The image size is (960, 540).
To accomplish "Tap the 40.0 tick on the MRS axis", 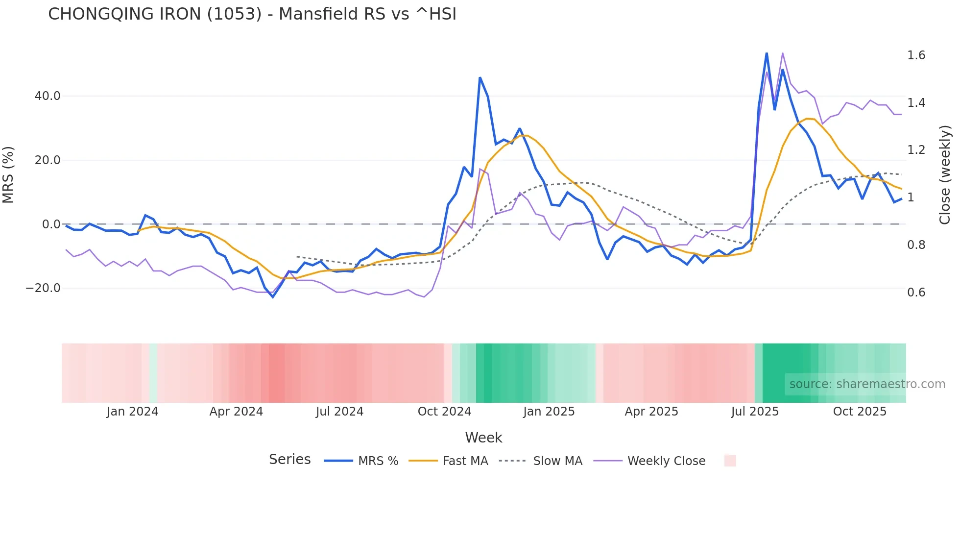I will coord(48,96).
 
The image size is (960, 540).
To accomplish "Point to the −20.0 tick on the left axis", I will coord(43,288).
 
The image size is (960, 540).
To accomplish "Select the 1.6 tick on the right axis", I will coord(916,55).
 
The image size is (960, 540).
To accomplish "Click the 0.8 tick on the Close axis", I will coord(916,245).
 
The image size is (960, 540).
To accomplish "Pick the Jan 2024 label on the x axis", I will coord(132,412).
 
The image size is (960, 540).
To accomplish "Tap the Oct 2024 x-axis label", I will coord(444,412).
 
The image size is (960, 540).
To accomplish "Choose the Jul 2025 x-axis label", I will coord(755,412).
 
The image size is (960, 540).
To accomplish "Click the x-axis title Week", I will coord(483,438).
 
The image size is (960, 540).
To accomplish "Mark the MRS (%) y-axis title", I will coord(8,175).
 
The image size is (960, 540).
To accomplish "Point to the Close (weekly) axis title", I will coord(945,175).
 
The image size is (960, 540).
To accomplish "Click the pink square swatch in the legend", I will coord(730,461).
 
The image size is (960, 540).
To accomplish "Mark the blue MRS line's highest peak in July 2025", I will coord(767,53).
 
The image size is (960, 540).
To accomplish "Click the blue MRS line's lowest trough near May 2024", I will coord(273,297).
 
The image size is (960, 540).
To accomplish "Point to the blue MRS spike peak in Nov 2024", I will coord(480,78).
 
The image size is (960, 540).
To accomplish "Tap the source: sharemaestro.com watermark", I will coord(867,384).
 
